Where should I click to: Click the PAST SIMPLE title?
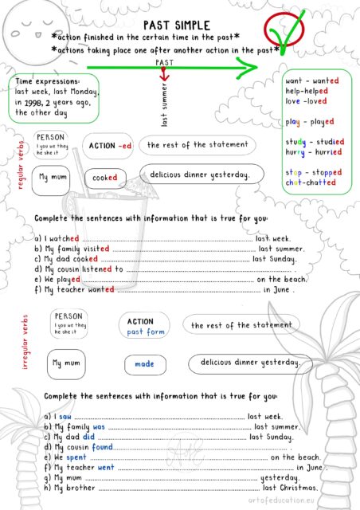179,25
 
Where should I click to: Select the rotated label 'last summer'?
165,111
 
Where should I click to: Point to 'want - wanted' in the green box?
312,81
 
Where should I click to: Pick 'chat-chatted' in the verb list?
311,182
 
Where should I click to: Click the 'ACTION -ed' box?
110,146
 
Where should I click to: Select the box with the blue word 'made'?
144,363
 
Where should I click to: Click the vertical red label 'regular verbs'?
22,167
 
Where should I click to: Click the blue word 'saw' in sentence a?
65,416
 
